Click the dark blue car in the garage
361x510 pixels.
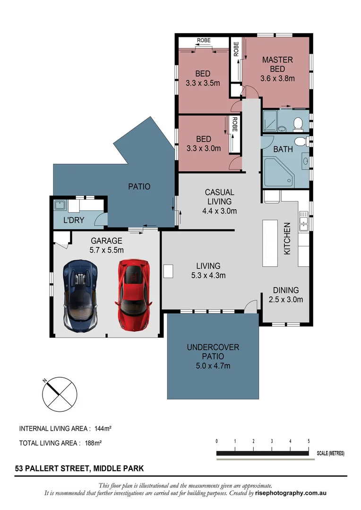[81, 295]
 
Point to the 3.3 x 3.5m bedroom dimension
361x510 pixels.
[203, 83]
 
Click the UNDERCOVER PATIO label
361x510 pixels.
[213, 352]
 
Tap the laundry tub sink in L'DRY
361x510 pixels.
[60, 205]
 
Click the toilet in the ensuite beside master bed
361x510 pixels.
[298, 124]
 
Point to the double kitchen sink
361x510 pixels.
[303, 222]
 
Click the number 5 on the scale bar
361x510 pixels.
[309, 441]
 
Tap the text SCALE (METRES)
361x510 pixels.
[330, 453]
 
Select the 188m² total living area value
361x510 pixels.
[94, 443]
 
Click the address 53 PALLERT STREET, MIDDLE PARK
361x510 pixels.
[79, 469]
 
